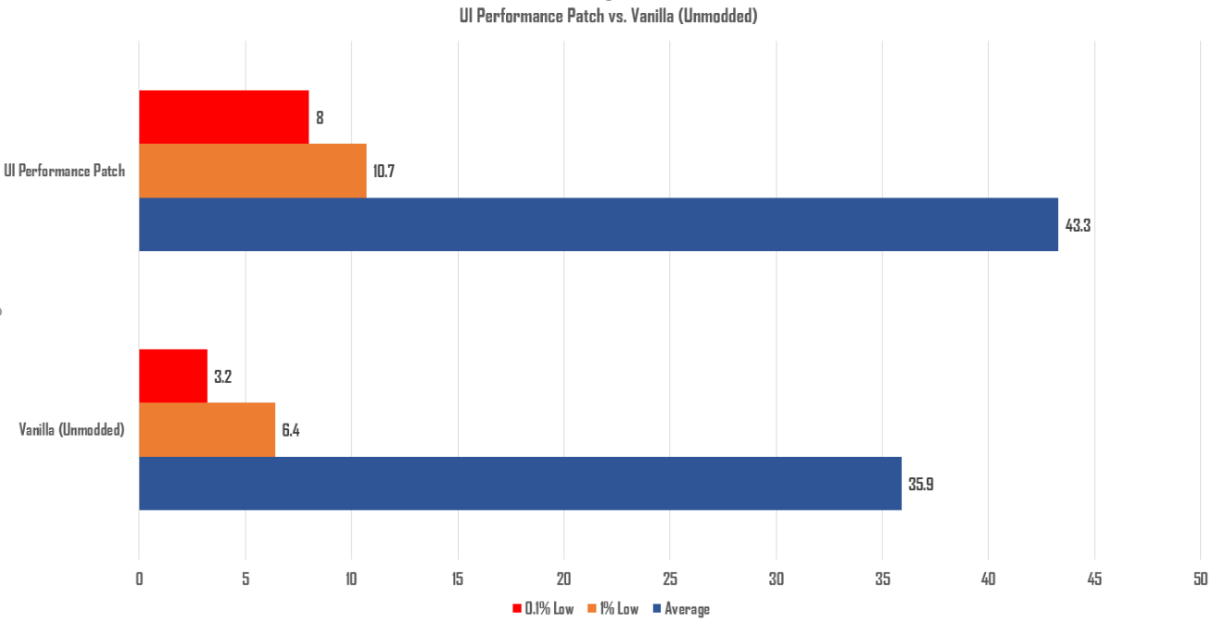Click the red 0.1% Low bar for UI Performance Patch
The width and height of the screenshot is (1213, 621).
[x=223, y=118]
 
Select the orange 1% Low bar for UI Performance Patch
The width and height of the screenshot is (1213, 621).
[x=252, y=171]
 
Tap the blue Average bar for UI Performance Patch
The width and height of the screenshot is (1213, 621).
[x=598, y=224]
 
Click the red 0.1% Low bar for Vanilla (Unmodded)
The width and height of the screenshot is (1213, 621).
[x=173, y=376]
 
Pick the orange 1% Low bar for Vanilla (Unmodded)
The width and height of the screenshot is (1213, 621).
[x=207, y=429]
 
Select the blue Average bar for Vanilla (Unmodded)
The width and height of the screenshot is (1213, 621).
[x=520, y=483]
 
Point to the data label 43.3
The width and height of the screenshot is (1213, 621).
[x=1078, y=225]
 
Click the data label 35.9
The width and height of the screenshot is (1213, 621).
[x=920, y=484]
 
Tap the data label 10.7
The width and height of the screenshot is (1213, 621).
[x=385, y=171]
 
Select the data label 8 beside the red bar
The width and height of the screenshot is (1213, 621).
[x=320, y=119]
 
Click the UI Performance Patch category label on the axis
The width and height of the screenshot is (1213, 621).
[x=65, y=171]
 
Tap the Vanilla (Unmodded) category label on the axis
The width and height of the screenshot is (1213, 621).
[x=72, y=430]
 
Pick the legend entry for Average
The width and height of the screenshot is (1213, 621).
[x=687, y=609]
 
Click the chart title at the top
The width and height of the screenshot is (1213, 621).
[x=608, y=16]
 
